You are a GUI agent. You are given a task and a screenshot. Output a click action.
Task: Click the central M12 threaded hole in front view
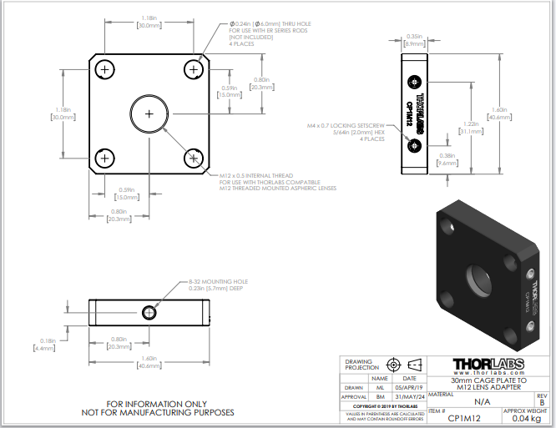[x=149, y=113]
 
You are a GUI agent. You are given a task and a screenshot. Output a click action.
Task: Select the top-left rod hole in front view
[x=105, y=70]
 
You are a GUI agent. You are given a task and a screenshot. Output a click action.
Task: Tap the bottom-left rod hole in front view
[x=105, y=157]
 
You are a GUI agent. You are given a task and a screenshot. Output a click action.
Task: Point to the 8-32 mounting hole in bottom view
[x=149, y=313]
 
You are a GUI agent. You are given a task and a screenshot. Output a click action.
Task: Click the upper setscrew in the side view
[x=415, y=82]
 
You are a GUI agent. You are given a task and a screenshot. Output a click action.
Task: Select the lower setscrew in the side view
[x=415, y=145]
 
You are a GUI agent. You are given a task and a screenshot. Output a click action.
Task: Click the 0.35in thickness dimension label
[x=413, y=40]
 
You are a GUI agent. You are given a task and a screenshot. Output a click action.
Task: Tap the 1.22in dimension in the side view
[x=469, y=127]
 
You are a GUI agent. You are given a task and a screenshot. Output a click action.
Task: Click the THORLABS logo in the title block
[x=491, y=365]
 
